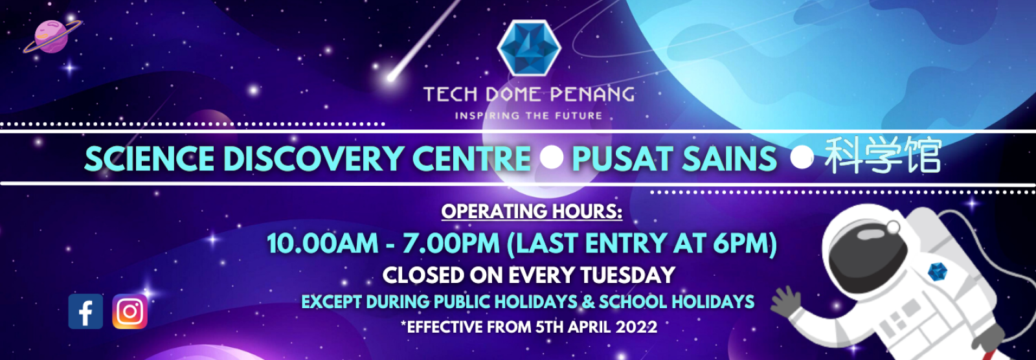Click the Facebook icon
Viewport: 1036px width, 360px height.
85,311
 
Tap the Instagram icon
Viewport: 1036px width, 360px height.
130,311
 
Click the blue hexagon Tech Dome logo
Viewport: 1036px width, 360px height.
529,48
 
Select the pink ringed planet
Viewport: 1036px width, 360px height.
51,36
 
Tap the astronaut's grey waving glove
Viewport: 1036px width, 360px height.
785,301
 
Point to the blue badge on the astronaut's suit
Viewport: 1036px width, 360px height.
937,272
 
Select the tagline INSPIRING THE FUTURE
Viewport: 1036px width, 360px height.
528,116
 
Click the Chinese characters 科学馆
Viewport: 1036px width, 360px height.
883,156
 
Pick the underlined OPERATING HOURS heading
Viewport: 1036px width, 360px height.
532,212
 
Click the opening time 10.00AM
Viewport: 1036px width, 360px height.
322,243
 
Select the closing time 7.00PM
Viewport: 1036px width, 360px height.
451,243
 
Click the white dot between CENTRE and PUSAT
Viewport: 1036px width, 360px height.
551,157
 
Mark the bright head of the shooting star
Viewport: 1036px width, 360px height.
392,76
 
